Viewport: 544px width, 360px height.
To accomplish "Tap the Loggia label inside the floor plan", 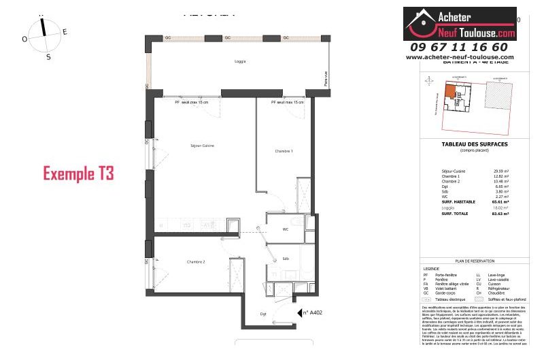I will click(239, 61).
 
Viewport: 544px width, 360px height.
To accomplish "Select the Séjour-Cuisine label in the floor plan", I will click(203, 146).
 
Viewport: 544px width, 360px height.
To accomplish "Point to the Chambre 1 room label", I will click(284, 151).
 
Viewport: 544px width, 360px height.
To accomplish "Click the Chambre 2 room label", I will click(196, 261).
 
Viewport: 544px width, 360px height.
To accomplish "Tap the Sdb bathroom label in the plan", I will click(285, 259).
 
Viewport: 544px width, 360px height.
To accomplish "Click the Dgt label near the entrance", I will click(262, 314).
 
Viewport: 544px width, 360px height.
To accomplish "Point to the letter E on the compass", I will click(65, 31).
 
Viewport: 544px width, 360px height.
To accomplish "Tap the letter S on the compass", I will click(48, 57).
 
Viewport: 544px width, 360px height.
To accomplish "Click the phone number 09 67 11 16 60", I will click(459, 47).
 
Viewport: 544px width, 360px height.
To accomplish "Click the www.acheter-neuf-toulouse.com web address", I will click(460, 58).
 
